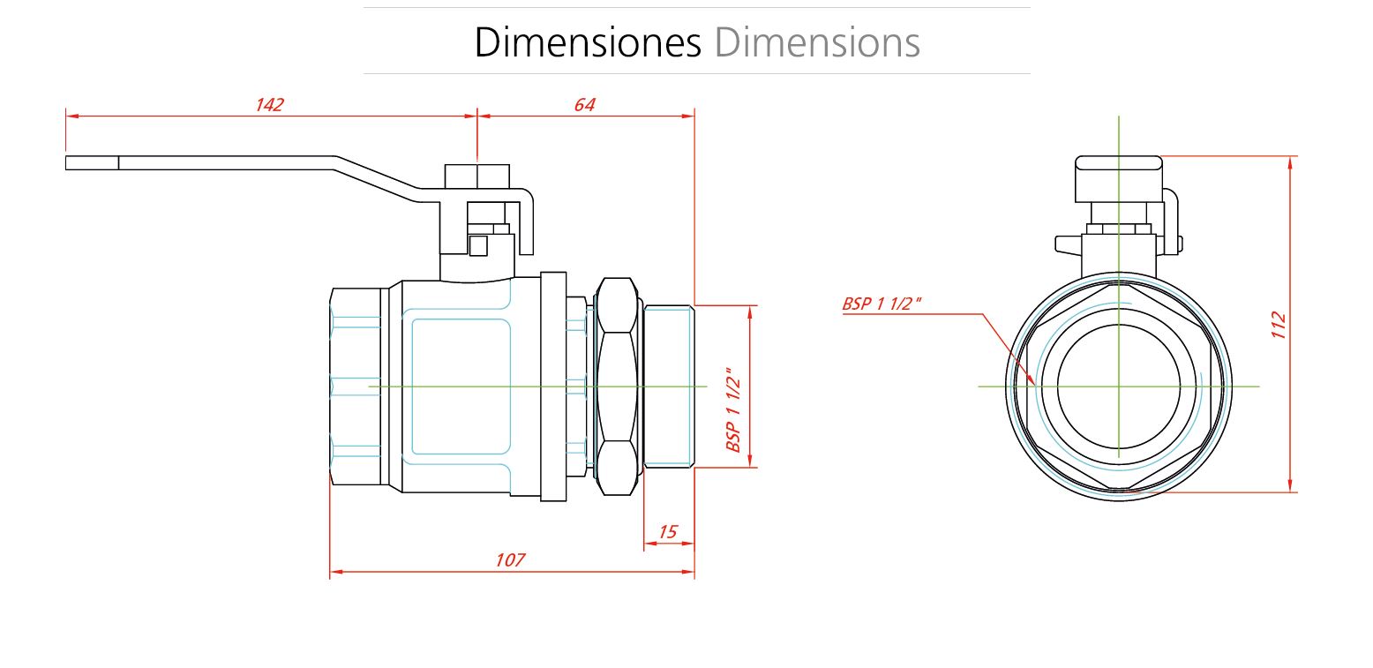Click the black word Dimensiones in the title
587,42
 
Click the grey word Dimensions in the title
817,42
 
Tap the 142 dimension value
270,105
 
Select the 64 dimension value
585,105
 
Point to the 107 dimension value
510,560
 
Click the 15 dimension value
668,531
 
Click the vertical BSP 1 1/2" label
733,410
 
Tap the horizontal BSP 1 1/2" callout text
882,304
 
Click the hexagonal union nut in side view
618,387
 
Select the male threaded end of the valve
669,387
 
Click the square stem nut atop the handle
476,176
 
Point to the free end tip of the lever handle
66,163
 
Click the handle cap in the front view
1119,179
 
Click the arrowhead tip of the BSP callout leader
1035,385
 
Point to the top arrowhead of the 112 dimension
1290,157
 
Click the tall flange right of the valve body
553,387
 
